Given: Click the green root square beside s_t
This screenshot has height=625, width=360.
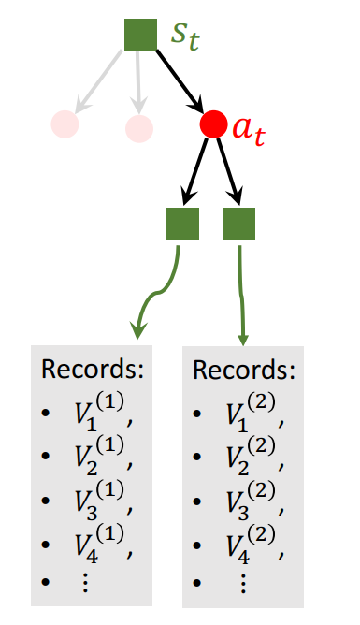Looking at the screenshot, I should click(140, 35).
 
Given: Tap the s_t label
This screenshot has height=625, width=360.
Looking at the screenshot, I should click(185, 35).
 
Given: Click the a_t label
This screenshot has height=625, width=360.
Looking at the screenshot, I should click(249, 131).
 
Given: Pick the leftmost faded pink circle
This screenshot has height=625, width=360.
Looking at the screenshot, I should click(65, 124).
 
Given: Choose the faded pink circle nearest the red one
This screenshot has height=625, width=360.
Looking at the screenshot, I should click(138, 127).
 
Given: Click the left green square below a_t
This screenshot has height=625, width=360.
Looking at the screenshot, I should click(182, 225).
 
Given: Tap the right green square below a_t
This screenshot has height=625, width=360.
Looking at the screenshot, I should click(239, 225).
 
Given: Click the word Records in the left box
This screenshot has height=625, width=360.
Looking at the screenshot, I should click(93, 369).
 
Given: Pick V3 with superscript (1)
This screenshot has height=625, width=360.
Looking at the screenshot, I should click(93, 500).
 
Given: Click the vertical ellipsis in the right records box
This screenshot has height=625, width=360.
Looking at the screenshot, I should click(242, 582).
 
